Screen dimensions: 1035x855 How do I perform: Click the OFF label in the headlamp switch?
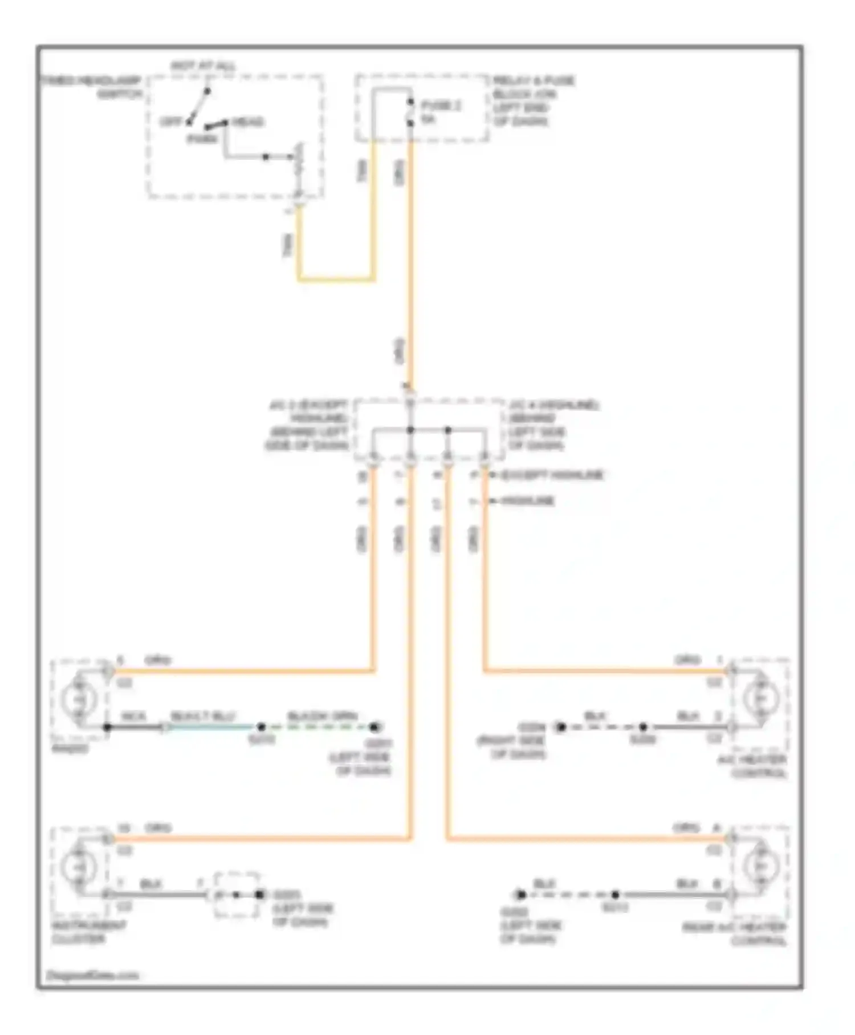click(170, 122)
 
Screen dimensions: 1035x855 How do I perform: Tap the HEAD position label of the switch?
click(247, 122)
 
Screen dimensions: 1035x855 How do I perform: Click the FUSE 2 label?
click(441, 106)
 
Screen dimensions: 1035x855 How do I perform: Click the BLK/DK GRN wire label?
click(322, 717)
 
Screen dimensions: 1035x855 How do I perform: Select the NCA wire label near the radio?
click(133, 717)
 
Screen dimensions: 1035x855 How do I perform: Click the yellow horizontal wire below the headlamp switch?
click(336, 280)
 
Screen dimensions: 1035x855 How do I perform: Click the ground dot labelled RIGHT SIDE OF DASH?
click(561, 727)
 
